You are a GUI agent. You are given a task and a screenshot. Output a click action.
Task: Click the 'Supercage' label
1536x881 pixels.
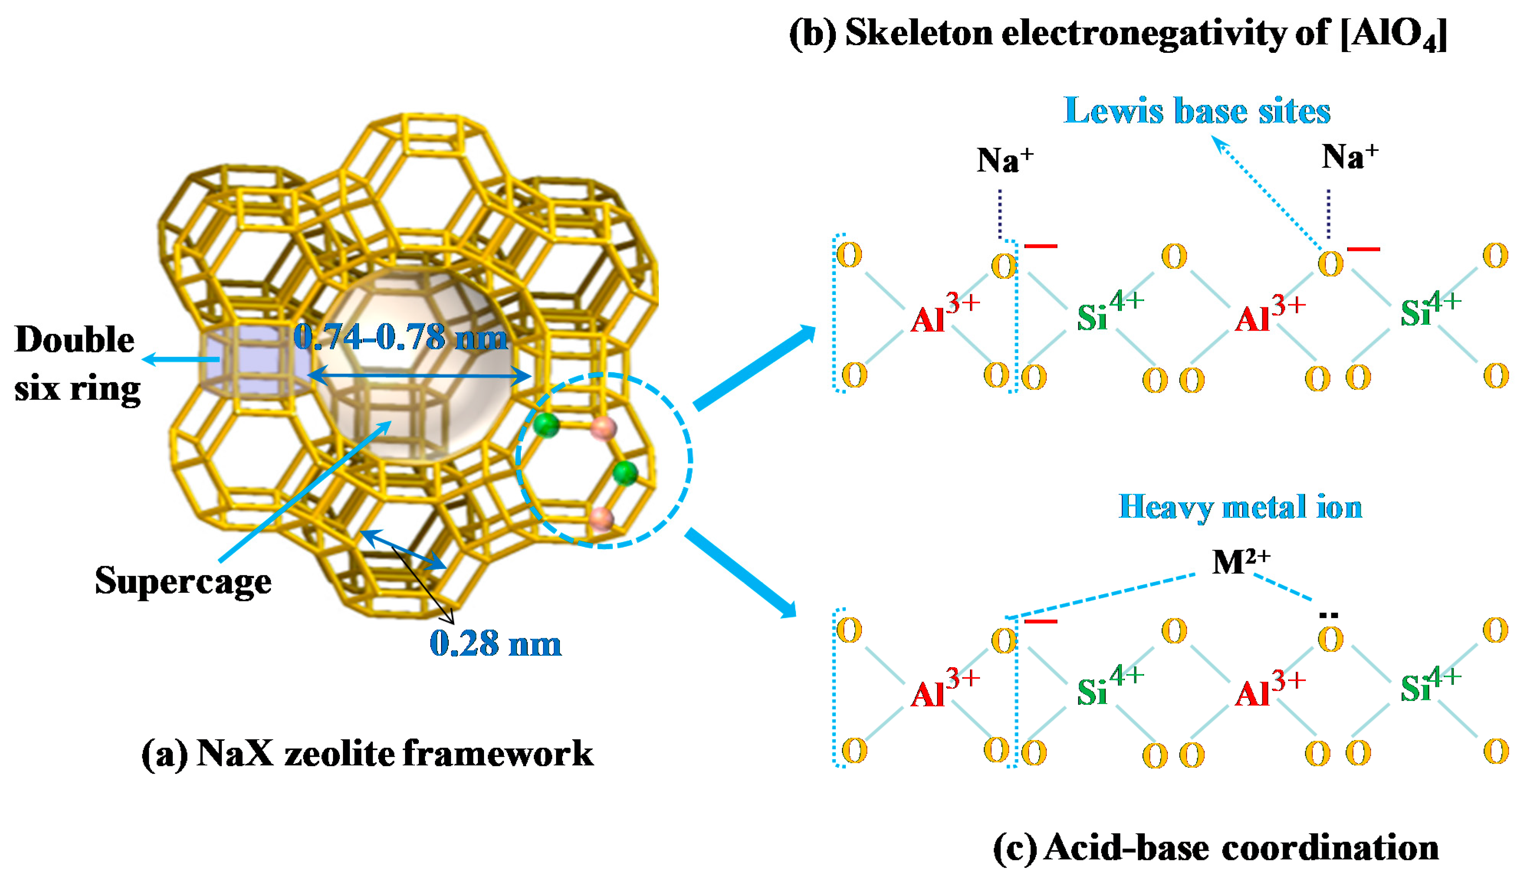pyautogui.click(x=183, y=581)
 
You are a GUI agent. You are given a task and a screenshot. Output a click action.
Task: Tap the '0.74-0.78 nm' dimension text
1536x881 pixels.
pyautogui.click(x=400, y=337)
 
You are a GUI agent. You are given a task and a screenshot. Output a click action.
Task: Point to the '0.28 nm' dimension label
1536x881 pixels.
pyautogui.click(x=495, y=644)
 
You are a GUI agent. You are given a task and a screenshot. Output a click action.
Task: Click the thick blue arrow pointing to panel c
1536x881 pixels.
pyautogui.click(x=742, y=572)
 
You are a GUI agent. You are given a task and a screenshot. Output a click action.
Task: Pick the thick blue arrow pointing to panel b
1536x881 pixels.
pyautogui.click(x=753, y=367)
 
